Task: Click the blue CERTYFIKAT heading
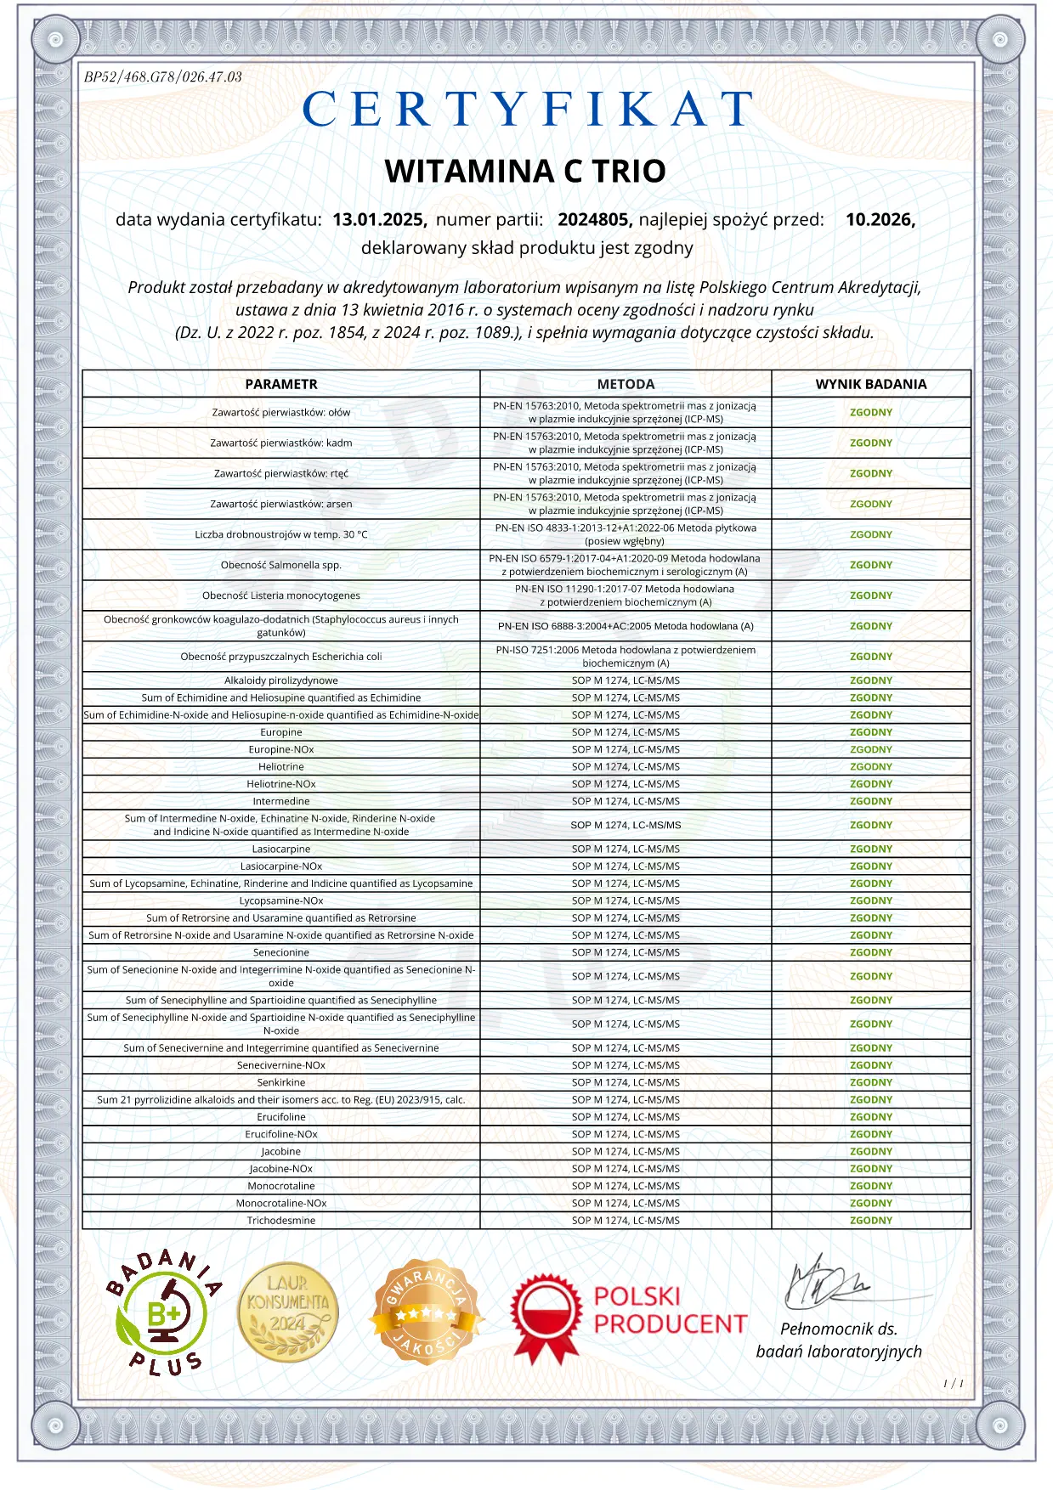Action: pyautogui.click(x=527, y=109)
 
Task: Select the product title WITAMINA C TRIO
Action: pyautogui.click(x=525, y=172)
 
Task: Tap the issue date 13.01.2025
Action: pyautogui.click(x=379, y=220)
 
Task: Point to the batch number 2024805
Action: pyautogui.click(x=594, y=220)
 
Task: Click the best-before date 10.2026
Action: pyautogui.click(x=880, y=220)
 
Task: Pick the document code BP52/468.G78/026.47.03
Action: pyautogui.click(x=163, y=77)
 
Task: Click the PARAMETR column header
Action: pyautogui.click(x=281, y=384)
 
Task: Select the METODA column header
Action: pyautogui.click(x=626, y=384)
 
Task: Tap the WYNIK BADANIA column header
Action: pyautogui.click(x=871, y=384)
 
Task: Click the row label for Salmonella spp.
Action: pyautogui.click(x=281, y=565)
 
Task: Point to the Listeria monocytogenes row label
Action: pyautogui.click(x=281, y=595)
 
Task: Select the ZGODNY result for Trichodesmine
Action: pyautogui.click(x=871, y=1221)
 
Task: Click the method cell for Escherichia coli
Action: pyautogui.click(x=626, y=657)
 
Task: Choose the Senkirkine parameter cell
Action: pyautogui.click(x=281, y=1082)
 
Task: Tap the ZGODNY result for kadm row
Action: pyautogui.click(x=871, y=443)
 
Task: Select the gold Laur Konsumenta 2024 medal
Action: pyautogui.click(x=288, y=1312)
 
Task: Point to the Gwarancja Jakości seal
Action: pyautogui.click(x=427, y=1312)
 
